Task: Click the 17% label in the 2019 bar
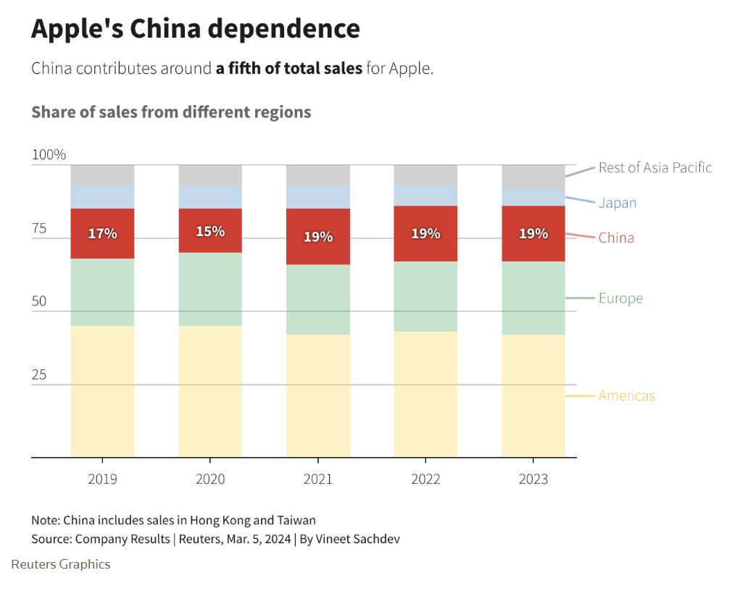[102, 234]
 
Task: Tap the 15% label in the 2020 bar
[210, 232]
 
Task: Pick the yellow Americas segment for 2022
[425, 395]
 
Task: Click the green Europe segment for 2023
[533, 298]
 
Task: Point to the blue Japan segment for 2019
[102, 197]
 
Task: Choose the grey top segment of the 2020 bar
[210, 175]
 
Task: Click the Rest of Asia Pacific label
[655, 168]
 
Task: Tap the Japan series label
[618, 203]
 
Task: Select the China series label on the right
[616, 238]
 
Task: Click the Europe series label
[620, 298]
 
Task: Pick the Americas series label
[626, 395]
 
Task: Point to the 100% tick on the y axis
[49, 155]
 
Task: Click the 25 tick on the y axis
[39, 375]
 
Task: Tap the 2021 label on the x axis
[318, 479]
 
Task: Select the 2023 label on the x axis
[533, 479]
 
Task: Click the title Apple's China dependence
[196, 29]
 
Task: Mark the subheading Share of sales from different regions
[171, 112]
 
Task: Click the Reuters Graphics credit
[61, 564]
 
